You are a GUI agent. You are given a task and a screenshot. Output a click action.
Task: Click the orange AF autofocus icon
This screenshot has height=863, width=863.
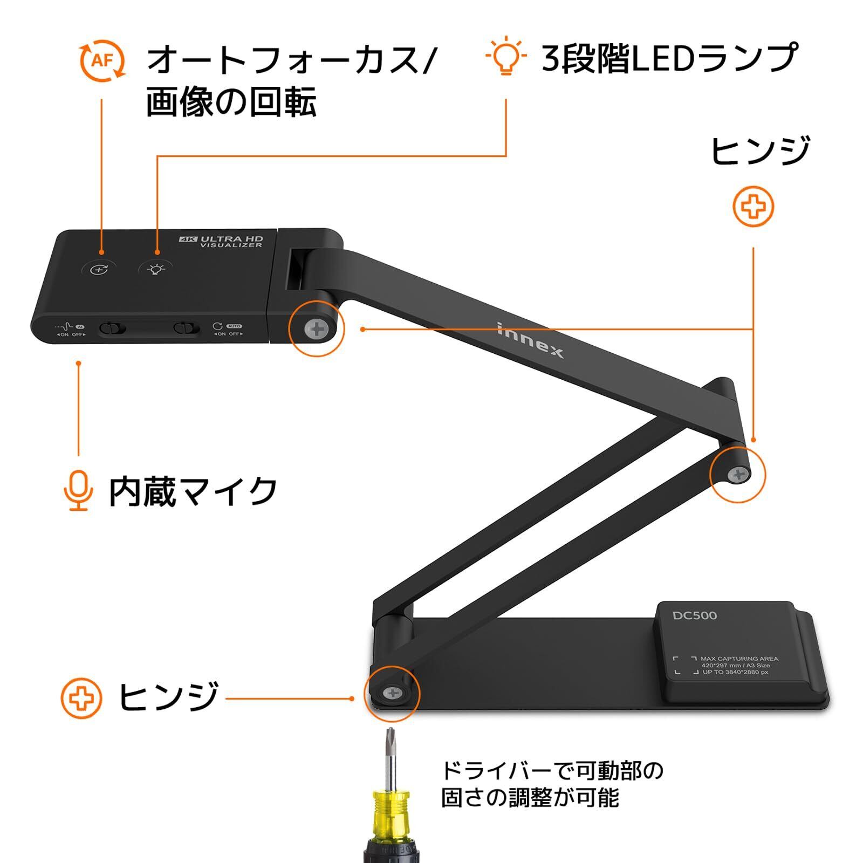[102, 60]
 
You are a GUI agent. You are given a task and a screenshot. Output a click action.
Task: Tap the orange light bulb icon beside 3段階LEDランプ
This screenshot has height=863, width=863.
[505, 56]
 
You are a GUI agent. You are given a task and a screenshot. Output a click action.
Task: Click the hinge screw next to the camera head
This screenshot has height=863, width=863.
[317, 329]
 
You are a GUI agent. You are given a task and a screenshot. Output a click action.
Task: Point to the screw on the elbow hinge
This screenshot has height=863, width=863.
[737, 475]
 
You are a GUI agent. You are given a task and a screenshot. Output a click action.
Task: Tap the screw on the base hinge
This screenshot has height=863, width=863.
[392, 693]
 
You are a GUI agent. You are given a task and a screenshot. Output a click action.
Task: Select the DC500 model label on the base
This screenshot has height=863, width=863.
[695, 615]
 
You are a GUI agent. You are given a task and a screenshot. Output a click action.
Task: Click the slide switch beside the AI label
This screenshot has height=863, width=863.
[112, 328]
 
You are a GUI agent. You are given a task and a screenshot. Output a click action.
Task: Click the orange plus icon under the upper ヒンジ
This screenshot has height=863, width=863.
[754, 206]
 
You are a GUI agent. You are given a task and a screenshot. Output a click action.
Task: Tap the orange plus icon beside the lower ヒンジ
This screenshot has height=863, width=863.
[81, 698]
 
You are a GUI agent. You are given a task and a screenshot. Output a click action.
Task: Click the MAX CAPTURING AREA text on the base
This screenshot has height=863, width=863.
[739, 659]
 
